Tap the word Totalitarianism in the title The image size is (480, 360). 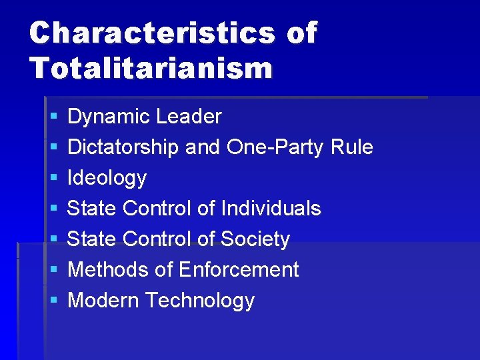point(151,67)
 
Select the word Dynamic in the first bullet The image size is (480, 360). point(109,117)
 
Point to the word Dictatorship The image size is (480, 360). point(123,147)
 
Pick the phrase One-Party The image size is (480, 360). point(275,147)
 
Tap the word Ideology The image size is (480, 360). point(107,178)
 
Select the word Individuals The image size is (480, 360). point(271,209)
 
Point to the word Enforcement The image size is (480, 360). point(239,270)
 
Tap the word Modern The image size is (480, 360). point(103,301)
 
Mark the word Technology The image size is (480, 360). point(199,301)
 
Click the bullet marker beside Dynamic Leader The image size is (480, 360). point(53,117)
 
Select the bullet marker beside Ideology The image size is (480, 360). point(53,179)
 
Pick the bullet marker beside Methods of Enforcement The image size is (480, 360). point(53,271)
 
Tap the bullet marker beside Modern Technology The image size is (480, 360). point(53,301)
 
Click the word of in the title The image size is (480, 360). point(301,33)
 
